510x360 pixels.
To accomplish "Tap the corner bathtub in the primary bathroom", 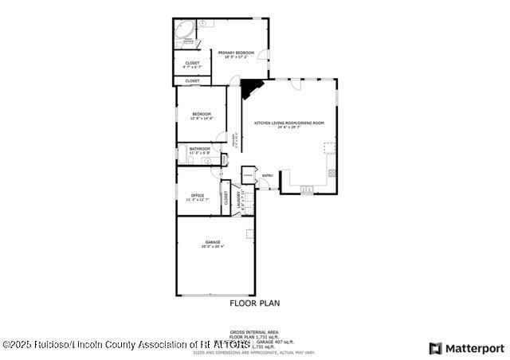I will [184, 33].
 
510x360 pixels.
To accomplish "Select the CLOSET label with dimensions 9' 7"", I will [192, 64].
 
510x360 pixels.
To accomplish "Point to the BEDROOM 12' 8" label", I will [201, 115].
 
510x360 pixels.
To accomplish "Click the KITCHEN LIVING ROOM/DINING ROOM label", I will [289, 123].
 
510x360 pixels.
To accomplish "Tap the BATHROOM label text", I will [199, 149].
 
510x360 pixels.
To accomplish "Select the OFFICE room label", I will [197, 195].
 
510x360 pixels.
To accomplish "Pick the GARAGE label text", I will [212, 242].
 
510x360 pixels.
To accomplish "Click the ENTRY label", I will [267, 175].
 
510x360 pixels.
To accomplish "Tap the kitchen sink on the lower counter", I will [307, 190].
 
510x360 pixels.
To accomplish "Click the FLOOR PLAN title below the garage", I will [254, 303].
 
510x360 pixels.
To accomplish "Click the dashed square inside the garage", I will [249, 233].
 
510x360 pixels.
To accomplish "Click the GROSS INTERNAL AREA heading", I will [254, 331].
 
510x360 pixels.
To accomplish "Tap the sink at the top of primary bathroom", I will [202, 24].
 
